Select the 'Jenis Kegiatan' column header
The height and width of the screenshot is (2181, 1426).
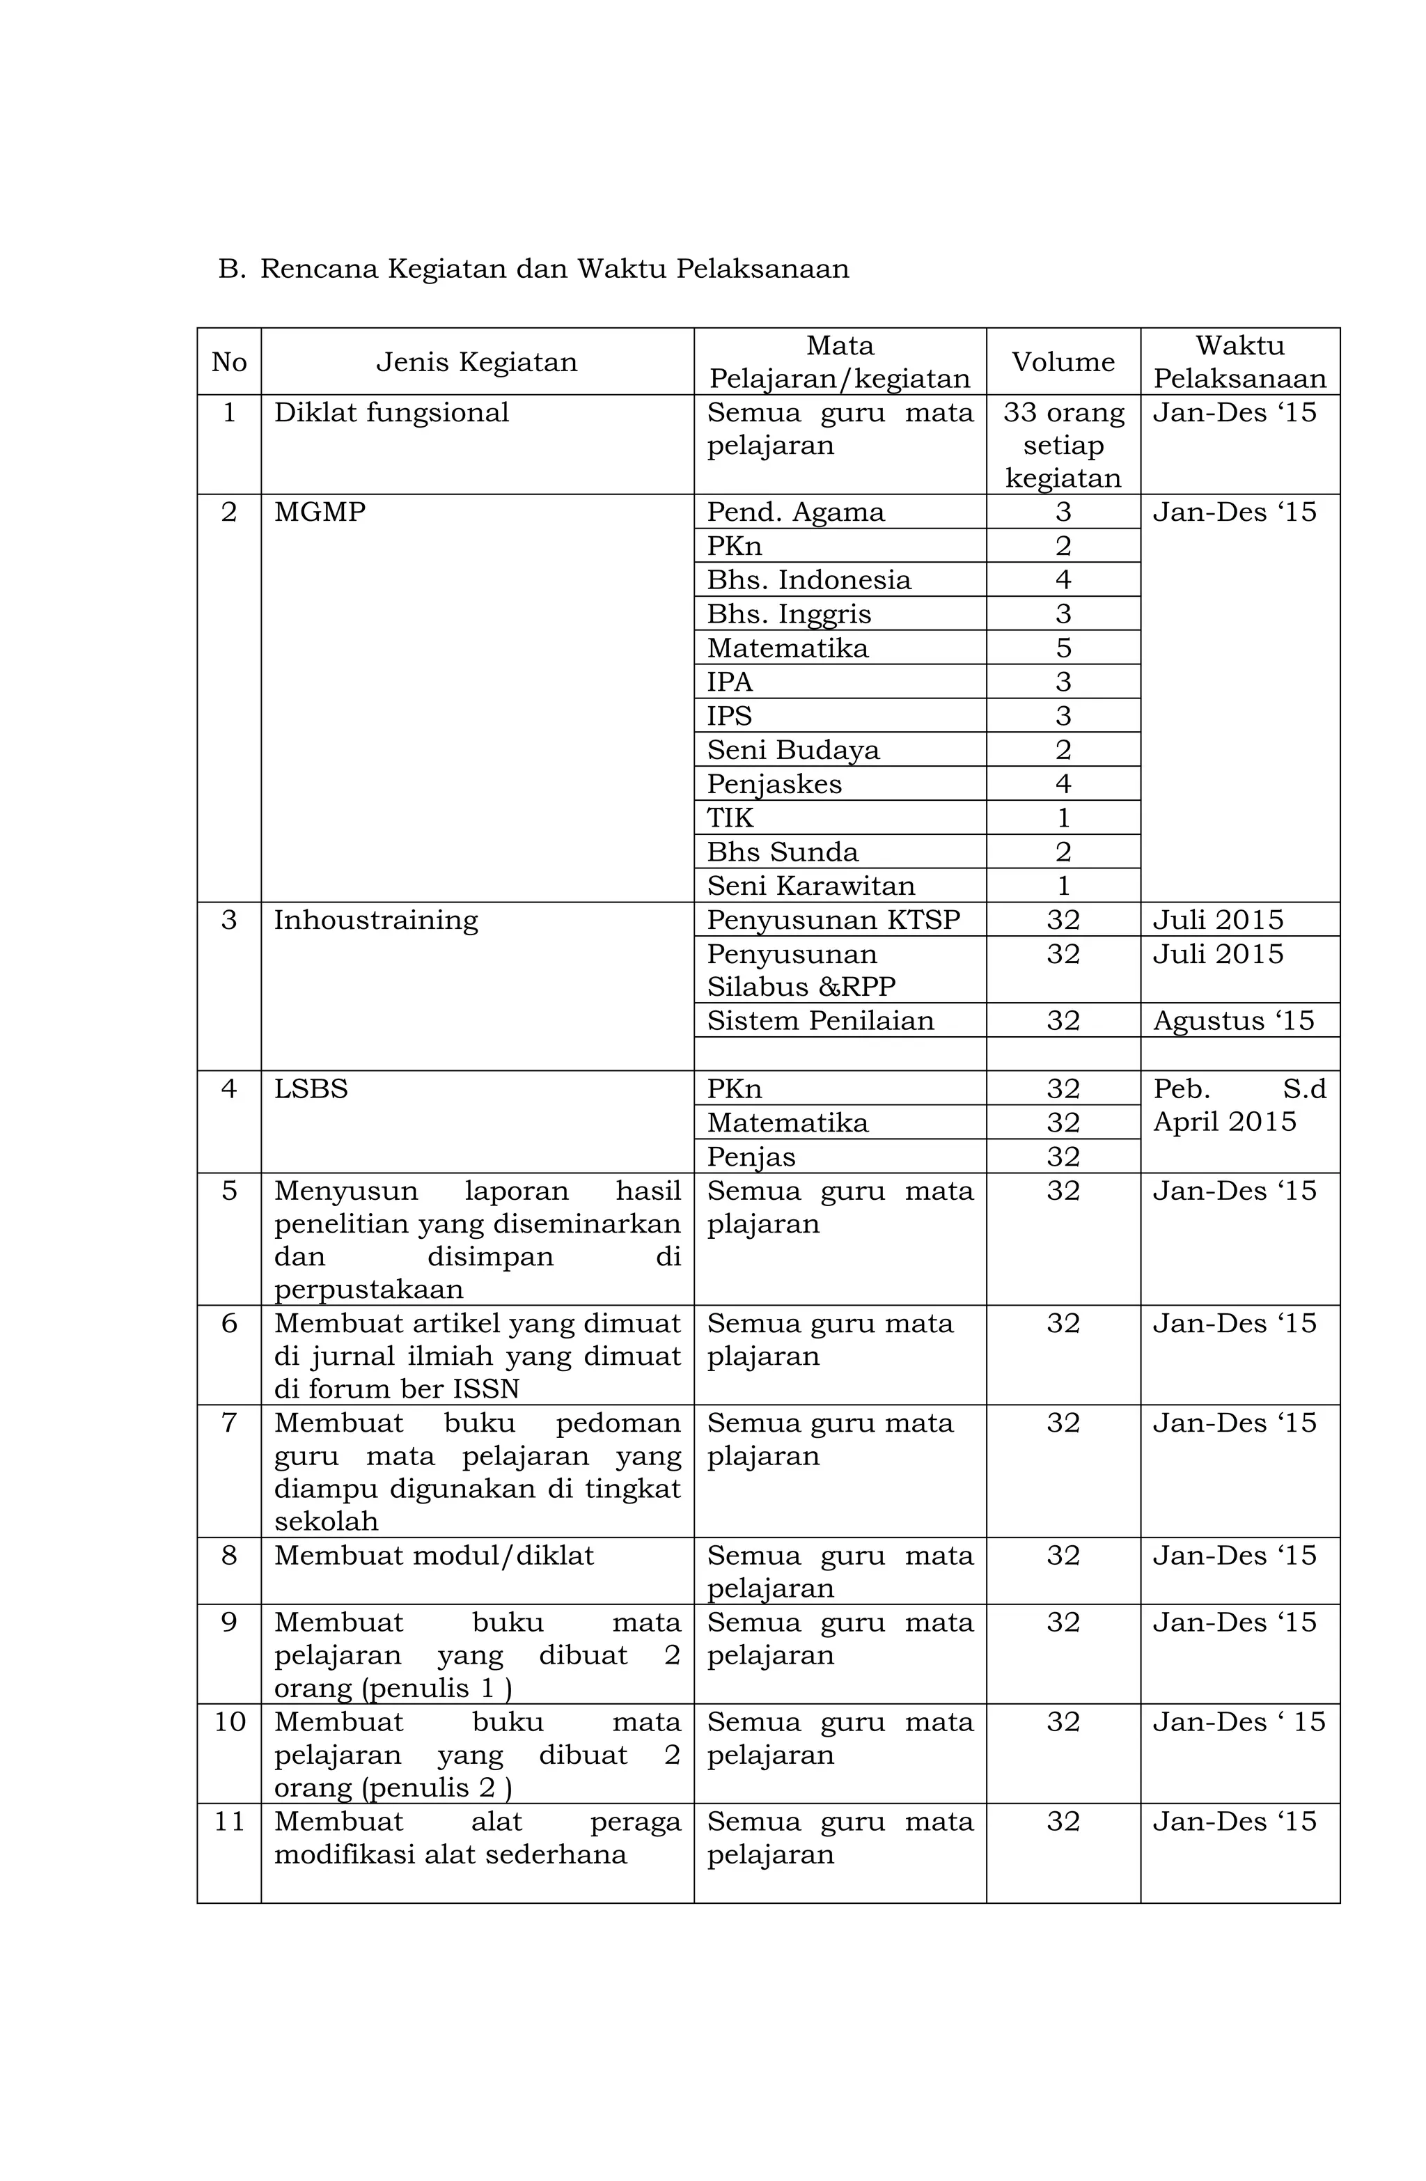click(x=476, y=362)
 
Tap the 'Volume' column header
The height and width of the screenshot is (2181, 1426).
click(x=1062, y=362)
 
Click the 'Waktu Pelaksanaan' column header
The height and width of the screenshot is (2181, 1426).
click(x=1238, y=362)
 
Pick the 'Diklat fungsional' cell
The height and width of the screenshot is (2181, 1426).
click(x=391, y=412)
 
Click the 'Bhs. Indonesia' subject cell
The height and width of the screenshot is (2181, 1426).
click(x=808, y=580)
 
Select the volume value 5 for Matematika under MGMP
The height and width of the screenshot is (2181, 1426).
click(x=1062, y=648)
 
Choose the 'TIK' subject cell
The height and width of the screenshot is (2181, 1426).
click(x=730, y=818)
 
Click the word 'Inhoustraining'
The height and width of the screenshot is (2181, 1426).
click(x=376, y=920)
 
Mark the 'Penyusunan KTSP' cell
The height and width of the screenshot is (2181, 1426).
click(x=832, y=920)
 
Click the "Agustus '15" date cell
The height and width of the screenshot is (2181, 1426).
click(x=1232, y=1021)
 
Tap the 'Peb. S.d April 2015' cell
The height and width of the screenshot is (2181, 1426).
click(x=1238, y=1106)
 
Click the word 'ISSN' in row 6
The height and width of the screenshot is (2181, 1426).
click(x=486, y=1389)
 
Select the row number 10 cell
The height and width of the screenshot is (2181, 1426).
click(x=229, y=1722)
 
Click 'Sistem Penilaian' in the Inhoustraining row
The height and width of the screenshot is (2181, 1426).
click(x=820, y=1021)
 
